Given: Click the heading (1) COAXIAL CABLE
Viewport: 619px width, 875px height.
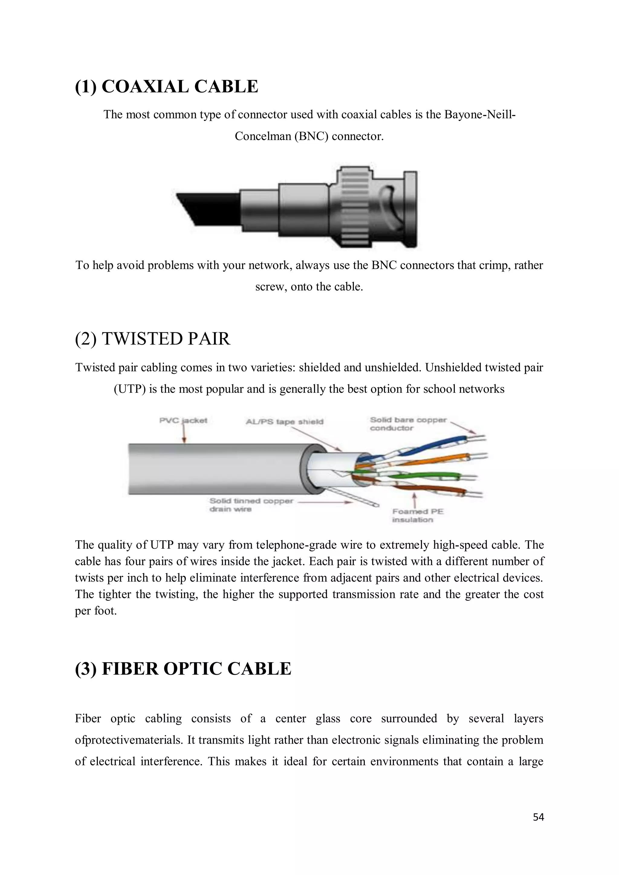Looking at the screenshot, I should (167, 86).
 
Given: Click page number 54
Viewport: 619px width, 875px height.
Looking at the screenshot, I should (538, 817).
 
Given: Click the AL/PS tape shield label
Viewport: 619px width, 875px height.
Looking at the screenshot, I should (284, 421).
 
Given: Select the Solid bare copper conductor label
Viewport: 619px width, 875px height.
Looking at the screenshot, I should (408, 424).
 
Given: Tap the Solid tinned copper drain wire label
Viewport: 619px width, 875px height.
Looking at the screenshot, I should (251, 505).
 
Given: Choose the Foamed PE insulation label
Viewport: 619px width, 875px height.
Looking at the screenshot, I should (418, 516).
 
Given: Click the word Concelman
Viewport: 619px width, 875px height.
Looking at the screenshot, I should (263, 136).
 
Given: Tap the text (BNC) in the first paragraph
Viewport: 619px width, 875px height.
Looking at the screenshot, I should (311, 136).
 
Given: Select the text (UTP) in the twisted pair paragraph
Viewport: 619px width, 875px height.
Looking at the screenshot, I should (130, 389).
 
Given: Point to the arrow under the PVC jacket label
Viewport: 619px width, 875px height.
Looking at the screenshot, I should (184, 434).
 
